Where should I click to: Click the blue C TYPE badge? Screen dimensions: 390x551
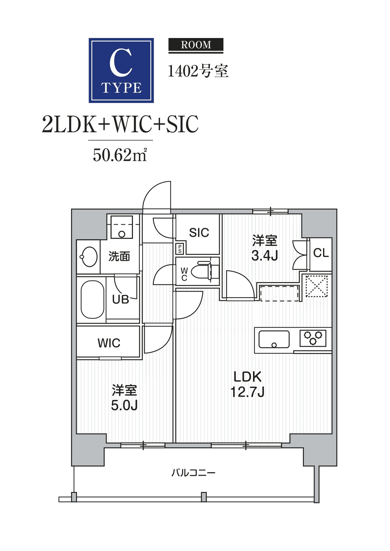pos(121,70)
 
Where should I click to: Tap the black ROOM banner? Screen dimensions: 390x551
pos(196,45)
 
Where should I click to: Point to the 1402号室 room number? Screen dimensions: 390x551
pos(198,71)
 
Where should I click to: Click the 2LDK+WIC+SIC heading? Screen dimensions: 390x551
pos(120,124)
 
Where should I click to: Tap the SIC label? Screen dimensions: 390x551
pos(199,233)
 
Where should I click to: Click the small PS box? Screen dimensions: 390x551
pos(180,249)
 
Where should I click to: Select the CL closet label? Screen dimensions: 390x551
pos(321,253)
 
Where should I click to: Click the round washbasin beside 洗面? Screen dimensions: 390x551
pos(89,257)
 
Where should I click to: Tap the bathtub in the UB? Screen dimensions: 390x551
pos(92,299)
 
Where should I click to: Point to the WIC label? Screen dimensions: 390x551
pos(109,343)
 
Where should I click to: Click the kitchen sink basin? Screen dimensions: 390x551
pos(274,339)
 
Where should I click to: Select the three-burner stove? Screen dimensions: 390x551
pos(313,338)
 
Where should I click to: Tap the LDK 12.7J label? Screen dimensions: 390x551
pos(247,384)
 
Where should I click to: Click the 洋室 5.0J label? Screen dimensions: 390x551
pos(124,398)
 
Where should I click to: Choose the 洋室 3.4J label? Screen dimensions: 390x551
pos(265,248)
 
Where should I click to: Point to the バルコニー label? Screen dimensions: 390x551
pos(193,473)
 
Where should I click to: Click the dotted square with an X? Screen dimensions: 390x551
pos(316,286)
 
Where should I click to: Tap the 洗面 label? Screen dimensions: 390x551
pos(119,257)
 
